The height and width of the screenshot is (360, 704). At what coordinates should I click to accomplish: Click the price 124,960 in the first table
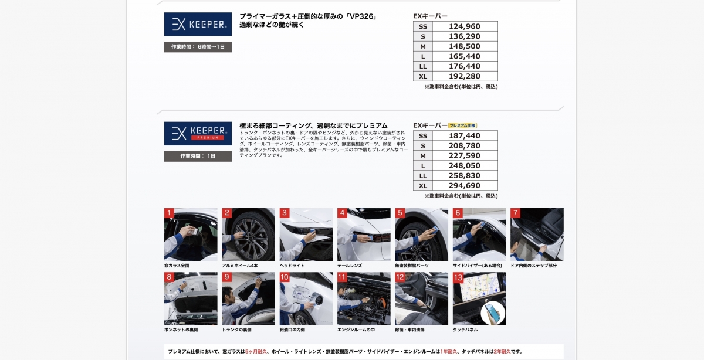click(x=464, y=26)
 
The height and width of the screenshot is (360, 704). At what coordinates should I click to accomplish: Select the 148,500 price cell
click(x=464, y=46)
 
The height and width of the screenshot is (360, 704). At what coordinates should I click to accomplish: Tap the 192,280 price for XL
click(x=464, y=76)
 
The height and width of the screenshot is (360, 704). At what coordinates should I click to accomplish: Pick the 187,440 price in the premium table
click(x=464, y=135)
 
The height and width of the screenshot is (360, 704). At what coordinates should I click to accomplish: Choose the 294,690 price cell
click(x=464, y=186)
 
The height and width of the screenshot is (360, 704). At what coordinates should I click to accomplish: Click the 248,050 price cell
click(x=464, y=165)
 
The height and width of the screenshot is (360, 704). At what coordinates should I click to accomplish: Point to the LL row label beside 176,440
click(x=423, y=67)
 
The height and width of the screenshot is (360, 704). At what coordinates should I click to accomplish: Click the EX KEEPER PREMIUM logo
click(x=198, y=134)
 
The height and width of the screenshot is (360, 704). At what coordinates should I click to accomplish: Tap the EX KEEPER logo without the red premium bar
click(x=198, y=24)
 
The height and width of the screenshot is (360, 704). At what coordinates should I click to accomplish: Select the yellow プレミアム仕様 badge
click(x=463, y=125)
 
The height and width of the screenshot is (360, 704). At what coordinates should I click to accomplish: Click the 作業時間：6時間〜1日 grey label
click(x=198, y=47)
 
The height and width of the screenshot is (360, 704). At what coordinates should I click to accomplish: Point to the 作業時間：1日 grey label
click(x=198, y=156)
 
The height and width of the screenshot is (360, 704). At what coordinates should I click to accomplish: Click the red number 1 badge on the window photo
click(x=169, y=213)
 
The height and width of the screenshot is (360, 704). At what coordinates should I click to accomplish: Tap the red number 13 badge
click(x=458, y=277)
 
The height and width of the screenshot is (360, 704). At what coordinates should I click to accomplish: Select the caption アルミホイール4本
click(x=240, y=266)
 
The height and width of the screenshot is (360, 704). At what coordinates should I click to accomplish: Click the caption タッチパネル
click(x=465, y=330)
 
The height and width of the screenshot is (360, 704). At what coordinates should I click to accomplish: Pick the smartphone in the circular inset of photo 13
click(x=492, y=313)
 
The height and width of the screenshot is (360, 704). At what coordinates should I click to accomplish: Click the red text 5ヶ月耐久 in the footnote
click(x=256, y=352)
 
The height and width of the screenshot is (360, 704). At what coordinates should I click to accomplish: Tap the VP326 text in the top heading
click(x=361, y=16)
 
